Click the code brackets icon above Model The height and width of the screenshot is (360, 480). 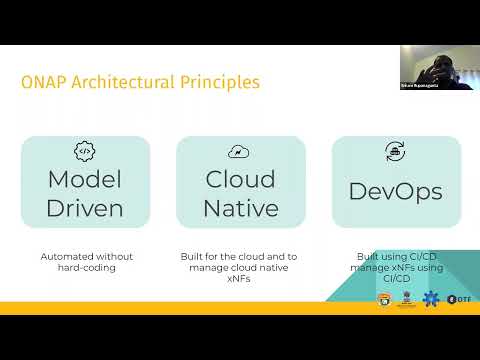point(86,152)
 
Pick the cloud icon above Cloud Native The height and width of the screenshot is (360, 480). point(240,152)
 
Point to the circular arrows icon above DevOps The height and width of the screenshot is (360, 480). point(395,152)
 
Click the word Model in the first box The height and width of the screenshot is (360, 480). point(86,180)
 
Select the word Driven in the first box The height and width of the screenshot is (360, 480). point(86,208)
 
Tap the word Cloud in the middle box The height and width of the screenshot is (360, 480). point(240,180)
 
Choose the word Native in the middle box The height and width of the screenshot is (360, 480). point(240,208)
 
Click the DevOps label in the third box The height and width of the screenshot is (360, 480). point(395,191)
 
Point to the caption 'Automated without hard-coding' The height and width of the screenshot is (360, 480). point(86,262)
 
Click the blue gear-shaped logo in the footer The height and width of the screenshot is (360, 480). point(431,298)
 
